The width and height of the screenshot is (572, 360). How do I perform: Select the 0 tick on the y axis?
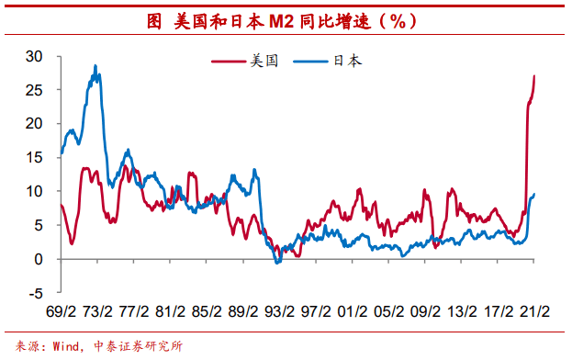39,259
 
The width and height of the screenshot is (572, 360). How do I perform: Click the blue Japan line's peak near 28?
95,66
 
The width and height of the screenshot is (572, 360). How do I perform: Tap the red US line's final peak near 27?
535,76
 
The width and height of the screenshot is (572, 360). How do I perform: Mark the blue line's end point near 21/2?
534,194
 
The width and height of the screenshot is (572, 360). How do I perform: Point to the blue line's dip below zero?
277,263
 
